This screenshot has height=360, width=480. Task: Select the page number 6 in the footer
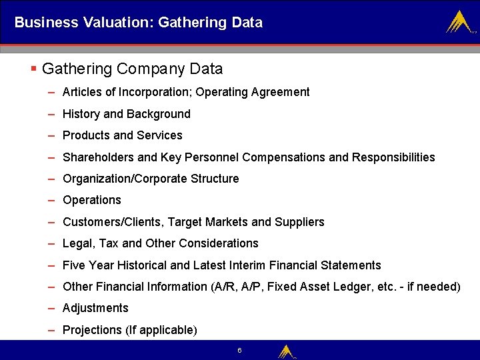click(239, 350)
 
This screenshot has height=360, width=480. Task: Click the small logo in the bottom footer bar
click(286, 351)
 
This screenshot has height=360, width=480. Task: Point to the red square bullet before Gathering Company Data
click(34, 69)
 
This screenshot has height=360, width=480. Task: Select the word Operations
click(92, 200)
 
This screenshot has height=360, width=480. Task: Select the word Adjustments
click(95, 308)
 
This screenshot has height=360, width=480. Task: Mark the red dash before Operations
click(51, 200)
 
